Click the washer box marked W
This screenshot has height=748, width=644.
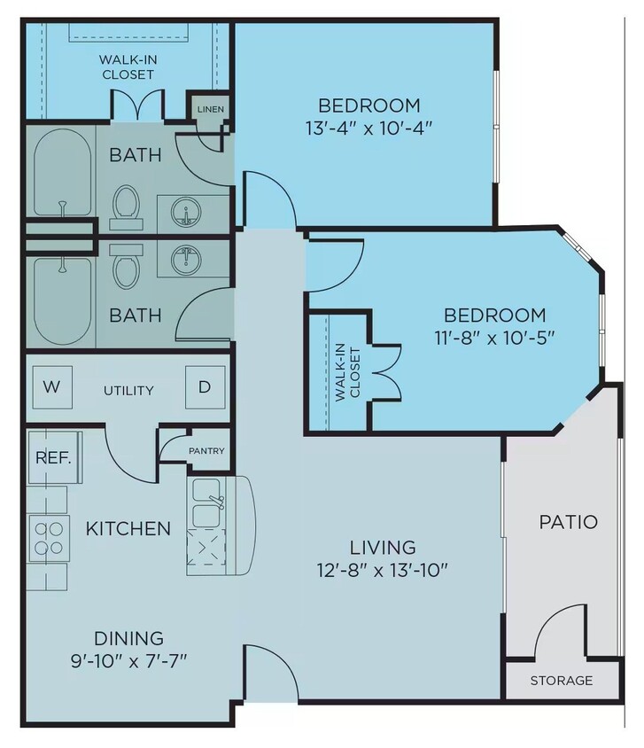click(x=53, y=387)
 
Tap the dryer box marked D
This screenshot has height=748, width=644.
click(x=205, y=387)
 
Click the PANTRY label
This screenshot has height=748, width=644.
click(x=206, y=451)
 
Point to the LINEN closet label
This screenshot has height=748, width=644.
click(x=211, y=109)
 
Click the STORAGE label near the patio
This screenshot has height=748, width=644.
click(x=562, y=681)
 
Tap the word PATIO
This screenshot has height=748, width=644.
click(x=568, y=522)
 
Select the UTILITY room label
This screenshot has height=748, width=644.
click(x=128, y=390)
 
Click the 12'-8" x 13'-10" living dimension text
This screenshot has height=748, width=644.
click(x=382, y=569)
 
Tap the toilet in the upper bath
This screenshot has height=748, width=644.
click(x=126, y=203)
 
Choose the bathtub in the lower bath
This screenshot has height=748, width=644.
click(x=61, y=300)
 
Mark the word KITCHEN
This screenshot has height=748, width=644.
click(x=128, y=529)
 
